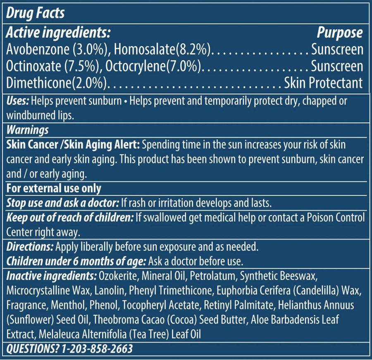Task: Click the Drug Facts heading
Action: click(36, 12)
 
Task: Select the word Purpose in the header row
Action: click(340, 32)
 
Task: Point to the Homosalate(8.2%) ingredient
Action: click(163, 49)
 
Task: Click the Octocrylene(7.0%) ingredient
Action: click(153, 66)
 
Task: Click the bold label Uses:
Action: click(18, 101)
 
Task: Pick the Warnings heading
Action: click(28, 130)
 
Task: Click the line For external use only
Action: click(54, 188)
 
